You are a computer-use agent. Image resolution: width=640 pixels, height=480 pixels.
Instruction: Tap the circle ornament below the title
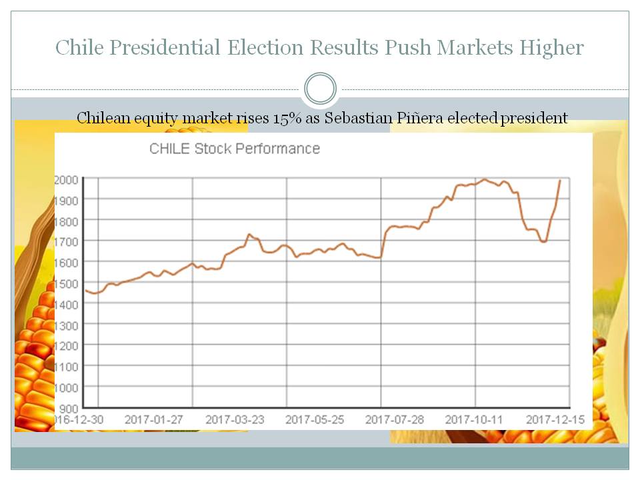click(320, 89)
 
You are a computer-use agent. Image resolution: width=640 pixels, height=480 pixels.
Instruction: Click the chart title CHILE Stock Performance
click(235, 149)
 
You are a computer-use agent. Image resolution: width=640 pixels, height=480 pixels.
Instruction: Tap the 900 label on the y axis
click(70, 408)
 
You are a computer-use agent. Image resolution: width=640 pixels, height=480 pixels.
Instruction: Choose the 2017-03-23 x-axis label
click(235, 420)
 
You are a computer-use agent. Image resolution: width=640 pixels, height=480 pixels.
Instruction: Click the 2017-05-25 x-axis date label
click(315, 420)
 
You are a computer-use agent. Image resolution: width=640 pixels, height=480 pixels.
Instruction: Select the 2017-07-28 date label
click(395, 420)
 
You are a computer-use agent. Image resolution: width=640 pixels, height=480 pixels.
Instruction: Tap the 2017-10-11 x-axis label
click(475, 420)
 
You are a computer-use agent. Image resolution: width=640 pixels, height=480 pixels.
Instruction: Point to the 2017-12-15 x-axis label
click(555, 420)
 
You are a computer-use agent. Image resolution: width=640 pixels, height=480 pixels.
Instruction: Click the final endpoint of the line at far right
click(560, 180)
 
